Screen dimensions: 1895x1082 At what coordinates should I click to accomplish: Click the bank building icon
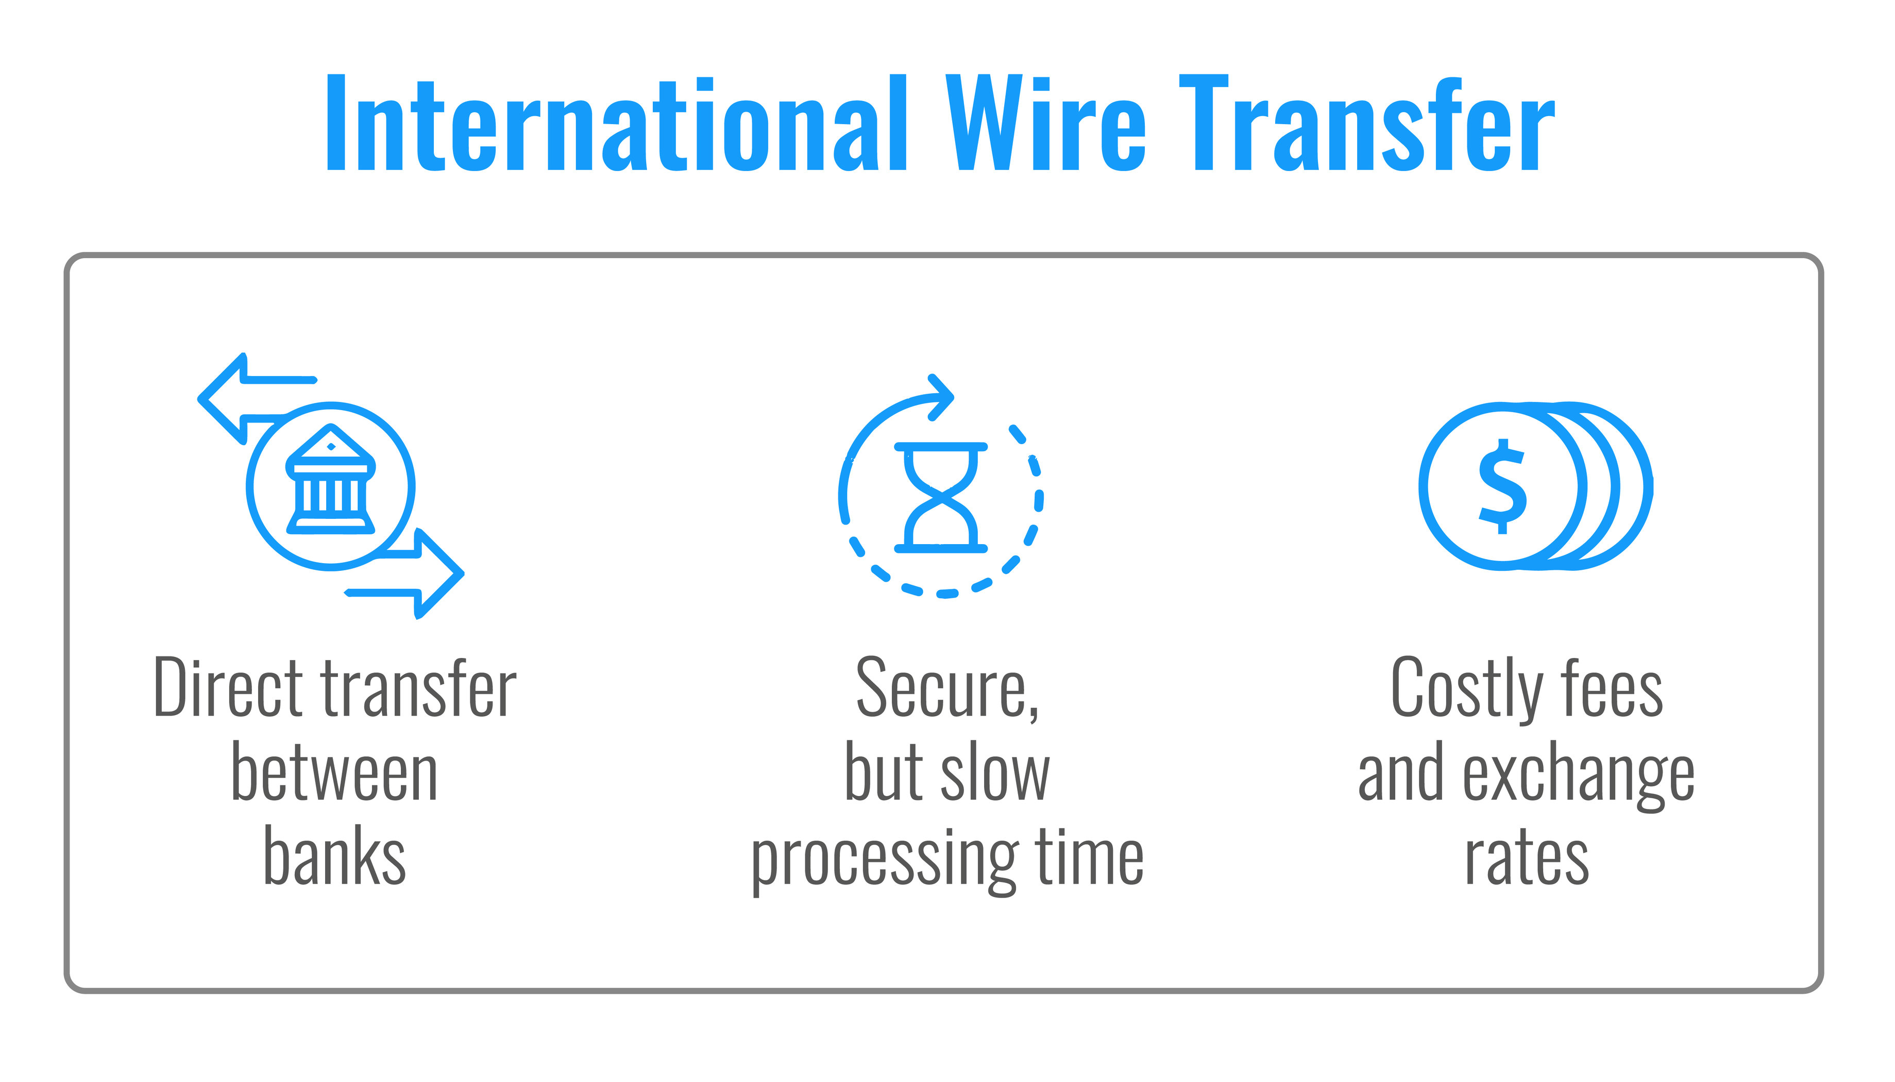pos(331,479)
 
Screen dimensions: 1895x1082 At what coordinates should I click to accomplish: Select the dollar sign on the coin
pos(1502,487)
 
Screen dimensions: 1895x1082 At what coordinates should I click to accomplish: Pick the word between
pos(334,773)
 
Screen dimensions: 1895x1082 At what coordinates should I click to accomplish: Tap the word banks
pos(334,856)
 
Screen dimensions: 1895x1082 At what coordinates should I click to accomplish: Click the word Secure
pos(947,689)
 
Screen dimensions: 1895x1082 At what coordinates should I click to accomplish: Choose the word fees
pos(1611,689)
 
